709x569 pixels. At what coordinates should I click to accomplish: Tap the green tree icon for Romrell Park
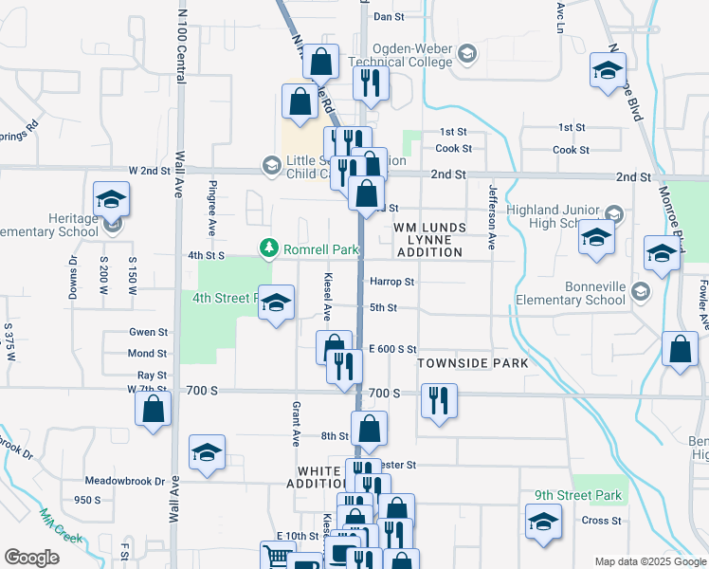tap(269, 248)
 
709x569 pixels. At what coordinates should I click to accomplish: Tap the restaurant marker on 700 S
tap(439, 401)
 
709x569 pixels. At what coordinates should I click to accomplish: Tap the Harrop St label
tap(392, 282)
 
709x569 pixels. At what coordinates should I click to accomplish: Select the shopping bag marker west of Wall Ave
tap(154, 412)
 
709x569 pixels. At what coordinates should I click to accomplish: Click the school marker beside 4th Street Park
tap(276, 304)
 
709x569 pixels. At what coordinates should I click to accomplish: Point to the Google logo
tap(31, 558)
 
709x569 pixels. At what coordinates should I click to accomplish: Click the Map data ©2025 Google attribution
tap(649, 561)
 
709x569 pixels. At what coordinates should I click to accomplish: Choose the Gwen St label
tap(149, 332)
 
